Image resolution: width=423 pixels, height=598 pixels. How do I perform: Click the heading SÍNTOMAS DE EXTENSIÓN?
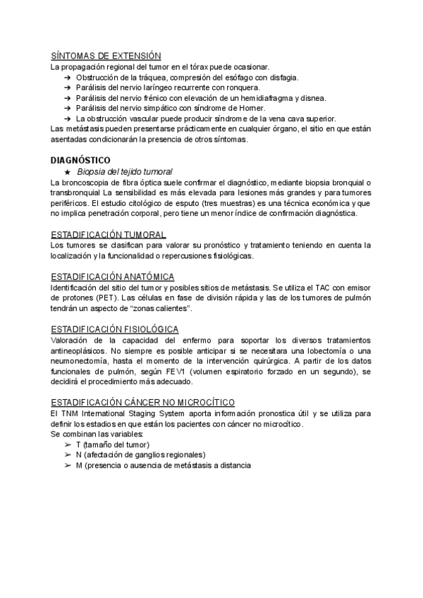tap(106, 56)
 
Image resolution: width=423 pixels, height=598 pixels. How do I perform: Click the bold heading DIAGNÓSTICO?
tap(80, 161)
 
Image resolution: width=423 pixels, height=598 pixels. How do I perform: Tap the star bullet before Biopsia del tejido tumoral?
tap(67, 171)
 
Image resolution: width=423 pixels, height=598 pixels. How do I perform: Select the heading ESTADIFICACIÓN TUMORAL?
tap(109, 234)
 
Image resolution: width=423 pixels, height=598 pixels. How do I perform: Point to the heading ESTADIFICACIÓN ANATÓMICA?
tap(113, 276)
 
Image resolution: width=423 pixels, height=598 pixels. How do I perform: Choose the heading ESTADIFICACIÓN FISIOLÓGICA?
tap(114, 329)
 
